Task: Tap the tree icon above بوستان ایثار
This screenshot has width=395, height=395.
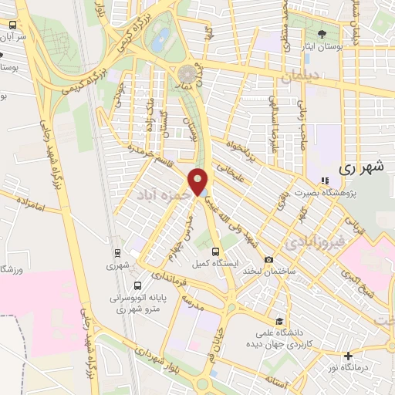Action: point(321,33)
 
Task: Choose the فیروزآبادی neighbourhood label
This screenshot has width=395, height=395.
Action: point(315,244)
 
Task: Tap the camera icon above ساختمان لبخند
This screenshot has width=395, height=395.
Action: point(268,261)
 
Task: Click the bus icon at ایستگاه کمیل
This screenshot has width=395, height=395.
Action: point(216,251)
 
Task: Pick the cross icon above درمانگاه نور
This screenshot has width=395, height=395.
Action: point(349,356)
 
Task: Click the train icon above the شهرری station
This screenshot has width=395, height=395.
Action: point(116,252)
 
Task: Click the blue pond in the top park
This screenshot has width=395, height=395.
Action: point(160,40)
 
